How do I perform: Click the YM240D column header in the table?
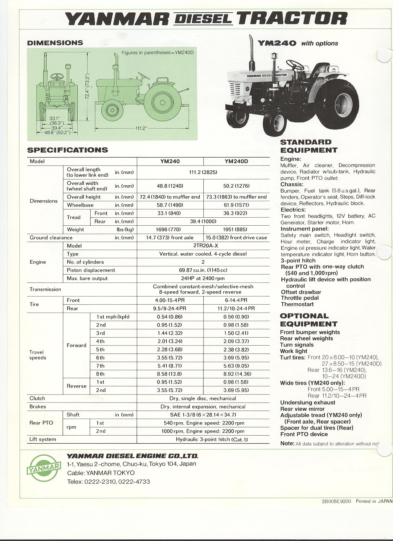pyautogui.click(x=236, y=161)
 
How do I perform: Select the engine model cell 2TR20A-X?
pyautogui.click(x=203, y=246)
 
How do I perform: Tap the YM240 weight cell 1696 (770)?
pyautogui.click(x=169, y=229)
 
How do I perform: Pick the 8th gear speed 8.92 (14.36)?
pyautogui.click(x=236, y=374)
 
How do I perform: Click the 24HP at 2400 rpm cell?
pyautogui.click(x=203, y=278)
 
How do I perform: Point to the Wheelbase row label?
pyautogui.click(x=80, y=205)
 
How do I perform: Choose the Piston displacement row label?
pyautogui.click(x=91, y=270)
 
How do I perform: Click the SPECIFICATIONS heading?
pyautogui.click(x=68, y=150)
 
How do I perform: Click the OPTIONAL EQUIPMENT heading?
pyautogui.click(x=309, y=320)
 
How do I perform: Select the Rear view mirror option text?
pyautogui.click(x=302, y=409)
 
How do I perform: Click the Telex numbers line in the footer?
pyautogui.click(x=108, y=482)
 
